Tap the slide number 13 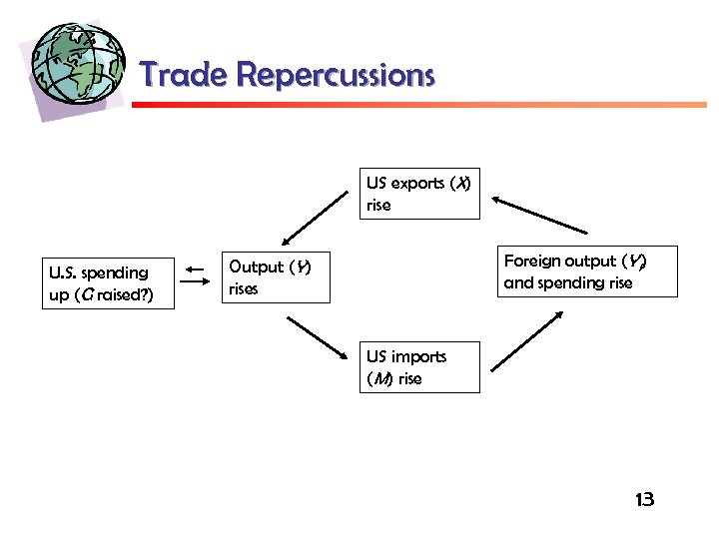tap(644, 499)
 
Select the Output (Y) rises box tap(274, 277)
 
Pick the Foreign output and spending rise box tap(575, 271)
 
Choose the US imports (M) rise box tap(419, 367)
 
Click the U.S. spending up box tap(108, 283)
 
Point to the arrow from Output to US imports tap(317, 337)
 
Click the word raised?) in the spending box tap(125, 295)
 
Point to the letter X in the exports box tap(461, 184)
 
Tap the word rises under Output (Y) tap(243, 289)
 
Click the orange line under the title tap(419, 104)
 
